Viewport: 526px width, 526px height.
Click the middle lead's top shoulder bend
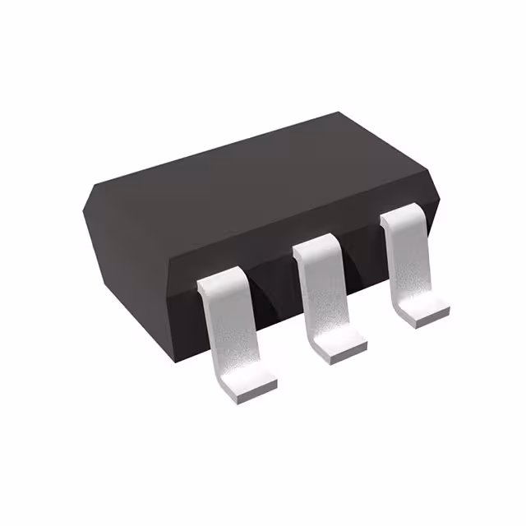point(316,244)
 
